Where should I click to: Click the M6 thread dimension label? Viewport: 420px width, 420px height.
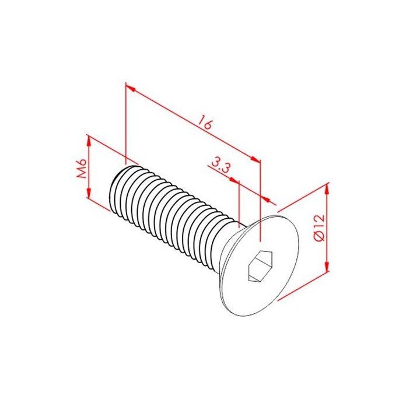[82, 168]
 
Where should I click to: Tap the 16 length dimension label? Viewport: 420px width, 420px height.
[205, 123]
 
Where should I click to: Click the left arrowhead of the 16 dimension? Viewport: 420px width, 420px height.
[130, 88]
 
